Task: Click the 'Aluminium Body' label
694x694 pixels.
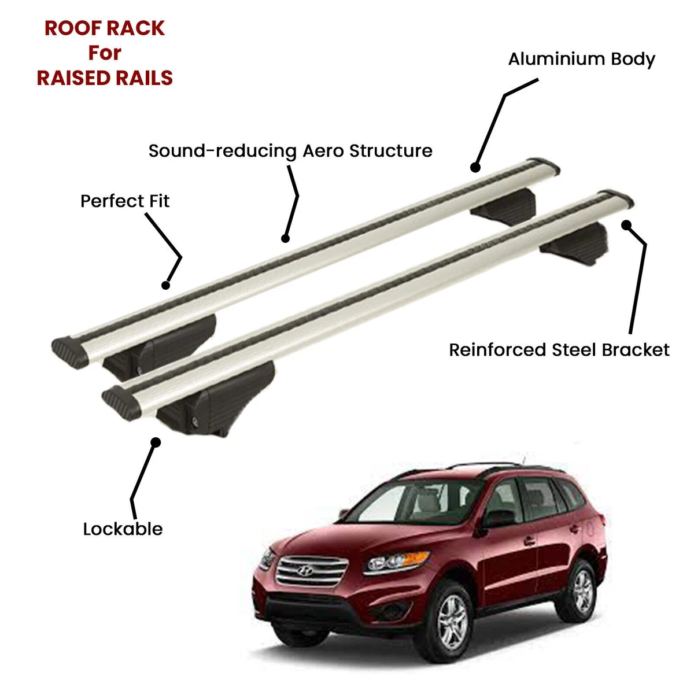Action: click(x=581, y=60)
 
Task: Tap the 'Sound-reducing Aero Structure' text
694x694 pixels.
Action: click(x=290, y=151)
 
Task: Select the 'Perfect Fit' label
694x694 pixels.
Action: click(x=125, y=201)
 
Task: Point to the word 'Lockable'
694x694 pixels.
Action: click(x=123, y=529)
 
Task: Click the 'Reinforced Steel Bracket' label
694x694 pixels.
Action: click(x=559, y=350)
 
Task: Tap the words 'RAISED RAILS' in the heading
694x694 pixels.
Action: click(x=105, y=78)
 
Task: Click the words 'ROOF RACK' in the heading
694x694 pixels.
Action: click(x=105, y=28)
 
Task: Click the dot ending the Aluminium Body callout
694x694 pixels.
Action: click(x=475, y=168)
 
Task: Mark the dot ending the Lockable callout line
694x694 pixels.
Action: click(x=156, y=442)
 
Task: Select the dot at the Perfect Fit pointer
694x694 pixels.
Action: click(x=165, y=285)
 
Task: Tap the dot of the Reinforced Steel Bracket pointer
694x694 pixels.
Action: click(x=626, y=225)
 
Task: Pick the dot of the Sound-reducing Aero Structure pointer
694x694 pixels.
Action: click(x=285, y=238)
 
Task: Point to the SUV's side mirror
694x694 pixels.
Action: click(x=497, y=519)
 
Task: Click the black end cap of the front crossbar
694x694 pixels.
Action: click(x=121, y=403)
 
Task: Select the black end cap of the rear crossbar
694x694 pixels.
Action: click(x=70, y=352)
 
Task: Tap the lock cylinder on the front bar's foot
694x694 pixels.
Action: click(x=195, y=420)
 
